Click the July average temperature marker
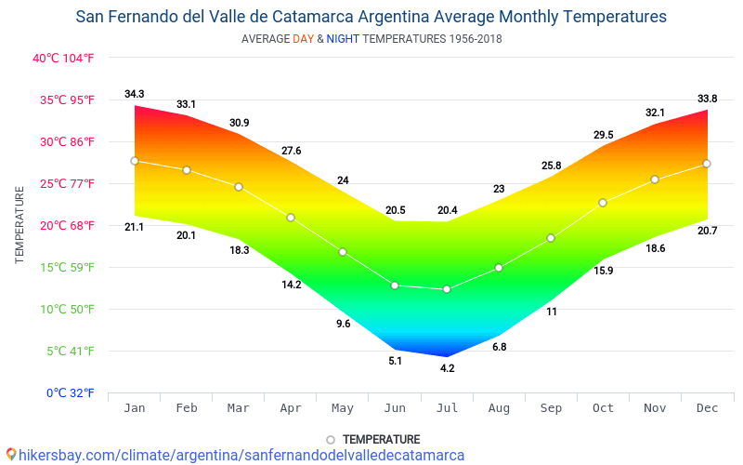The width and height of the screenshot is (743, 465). (x=447, y=289)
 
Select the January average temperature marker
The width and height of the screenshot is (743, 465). (x=135, y=161)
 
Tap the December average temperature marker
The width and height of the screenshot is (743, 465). (x=707, y=164)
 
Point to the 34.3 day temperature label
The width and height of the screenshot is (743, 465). (x=135, y=94)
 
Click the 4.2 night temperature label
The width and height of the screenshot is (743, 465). (x=447, y=368)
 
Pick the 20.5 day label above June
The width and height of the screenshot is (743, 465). (x=395, y=210)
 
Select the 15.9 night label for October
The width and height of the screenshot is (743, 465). (x=603, y=271)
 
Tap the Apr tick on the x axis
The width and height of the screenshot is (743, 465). (x=291, y=408)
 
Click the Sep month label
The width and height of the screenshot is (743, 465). (x=551, y=408)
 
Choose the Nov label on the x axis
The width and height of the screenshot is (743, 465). (x=655, y=408)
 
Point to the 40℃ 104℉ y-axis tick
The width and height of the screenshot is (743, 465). (x=64, y=58)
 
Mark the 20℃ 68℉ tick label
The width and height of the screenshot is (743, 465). (x=64, y=225)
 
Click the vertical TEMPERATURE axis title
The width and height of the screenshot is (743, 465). (x=20, y=225)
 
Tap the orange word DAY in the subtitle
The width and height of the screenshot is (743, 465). (x=303, y=39)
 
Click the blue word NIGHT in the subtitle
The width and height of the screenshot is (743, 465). (x=343, y=39)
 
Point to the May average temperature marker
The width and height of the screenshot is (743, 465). (x=343, y=252)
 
